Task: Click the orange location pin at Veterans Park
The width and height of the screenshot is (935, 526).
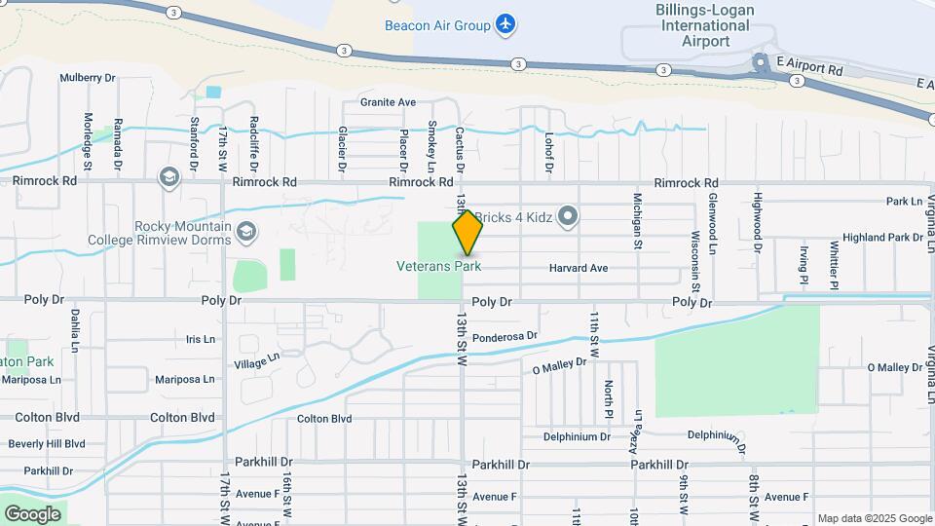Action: pos(467,232)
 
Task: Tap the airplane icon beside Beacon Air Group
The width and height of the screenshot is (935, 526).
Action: pos(505,23)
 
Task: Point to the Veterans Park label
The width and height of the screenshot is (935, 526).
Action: pos(439,265)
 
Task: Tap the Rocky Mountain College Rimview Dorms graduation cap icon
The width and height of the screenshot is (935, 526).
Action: pos(246,232)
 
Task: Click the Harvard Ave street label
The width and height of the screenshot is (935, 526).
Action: pos(578,268)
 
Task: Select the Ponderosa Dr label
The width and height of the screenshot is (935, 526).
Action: pos(505,337)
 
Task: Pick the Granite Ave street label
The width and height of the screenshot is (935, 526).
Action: pos(388,101)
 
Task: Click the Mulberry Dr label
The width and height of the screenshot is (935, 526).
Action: pos(88,77)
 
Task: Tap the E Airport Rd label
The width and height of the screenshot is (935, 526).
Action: pos(808,70)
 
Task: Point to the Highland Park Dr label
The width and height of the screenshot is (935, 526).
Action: pos(882,237)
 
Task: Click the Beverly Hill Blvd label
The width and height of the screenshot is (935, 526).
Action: pos(47,444)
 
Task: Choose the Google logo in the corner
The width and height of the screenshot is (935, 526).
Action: pos(32,514)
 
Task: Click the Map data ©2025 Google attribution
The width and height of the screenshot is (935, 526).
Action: pos(874,518)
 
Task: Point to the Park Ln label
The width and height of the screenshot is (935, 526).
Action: pos(904,202)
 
